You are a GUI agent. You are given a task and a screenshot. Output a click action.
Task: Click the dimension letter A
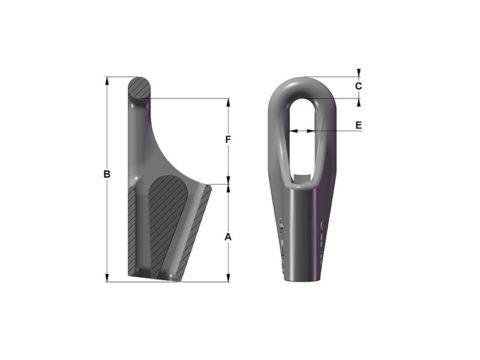tap(228, 237)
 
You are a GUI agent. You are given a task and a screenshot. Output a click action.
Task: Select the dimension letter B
tap(107, 176)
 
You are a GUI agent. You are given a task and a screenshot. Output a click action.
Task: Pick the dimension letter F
tap(228, 139)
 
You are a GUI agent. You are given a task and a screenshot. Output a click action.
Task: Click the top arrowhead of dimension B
tap(107, 81)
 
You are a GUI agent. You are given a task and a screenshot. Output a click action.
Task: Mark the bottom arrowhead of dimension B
tap(107, 277)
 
